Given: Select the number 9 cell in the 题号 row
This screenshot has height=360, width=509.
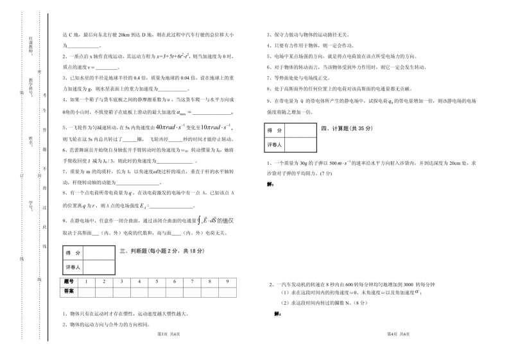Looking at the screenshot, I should coord(227,281).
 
